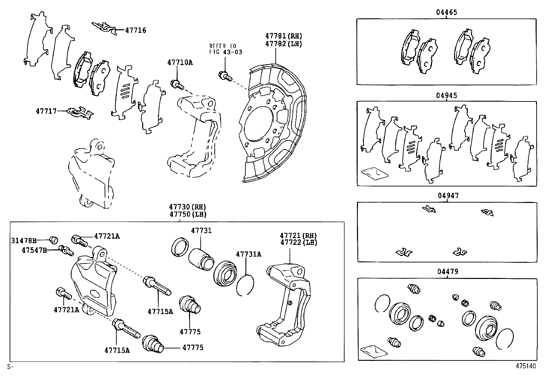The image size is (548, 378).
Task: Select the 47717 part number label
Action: point(46,111)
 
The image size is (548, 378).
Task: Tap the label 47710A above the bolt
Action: point(180,62)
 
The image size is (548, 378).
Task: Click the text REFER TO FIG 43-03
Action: point(225,49)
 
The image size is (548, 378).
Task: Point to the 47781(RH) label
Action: point(283,36)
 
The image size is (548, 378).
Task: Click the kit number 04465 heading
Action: point(446,12)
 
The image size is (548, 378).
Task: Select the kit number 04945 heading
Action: point(446,95)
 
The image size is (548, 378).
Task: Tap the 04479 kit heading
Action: point(447,272)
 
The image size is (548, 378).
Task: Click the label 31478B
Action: point(23,240)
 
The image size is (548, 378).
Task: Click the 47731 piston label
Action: point(201,231)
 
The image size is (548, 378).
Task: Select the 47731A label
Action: point(248,254)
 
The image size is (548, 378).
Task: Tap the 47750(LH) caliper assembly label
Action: point(187,214)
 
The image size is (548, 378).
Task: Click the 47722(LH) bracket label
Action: point(298,242)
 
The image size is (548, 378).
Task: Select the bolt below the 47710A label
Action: point(176,84)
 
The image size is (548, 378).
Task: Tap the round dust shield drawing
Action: point(272,124)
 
